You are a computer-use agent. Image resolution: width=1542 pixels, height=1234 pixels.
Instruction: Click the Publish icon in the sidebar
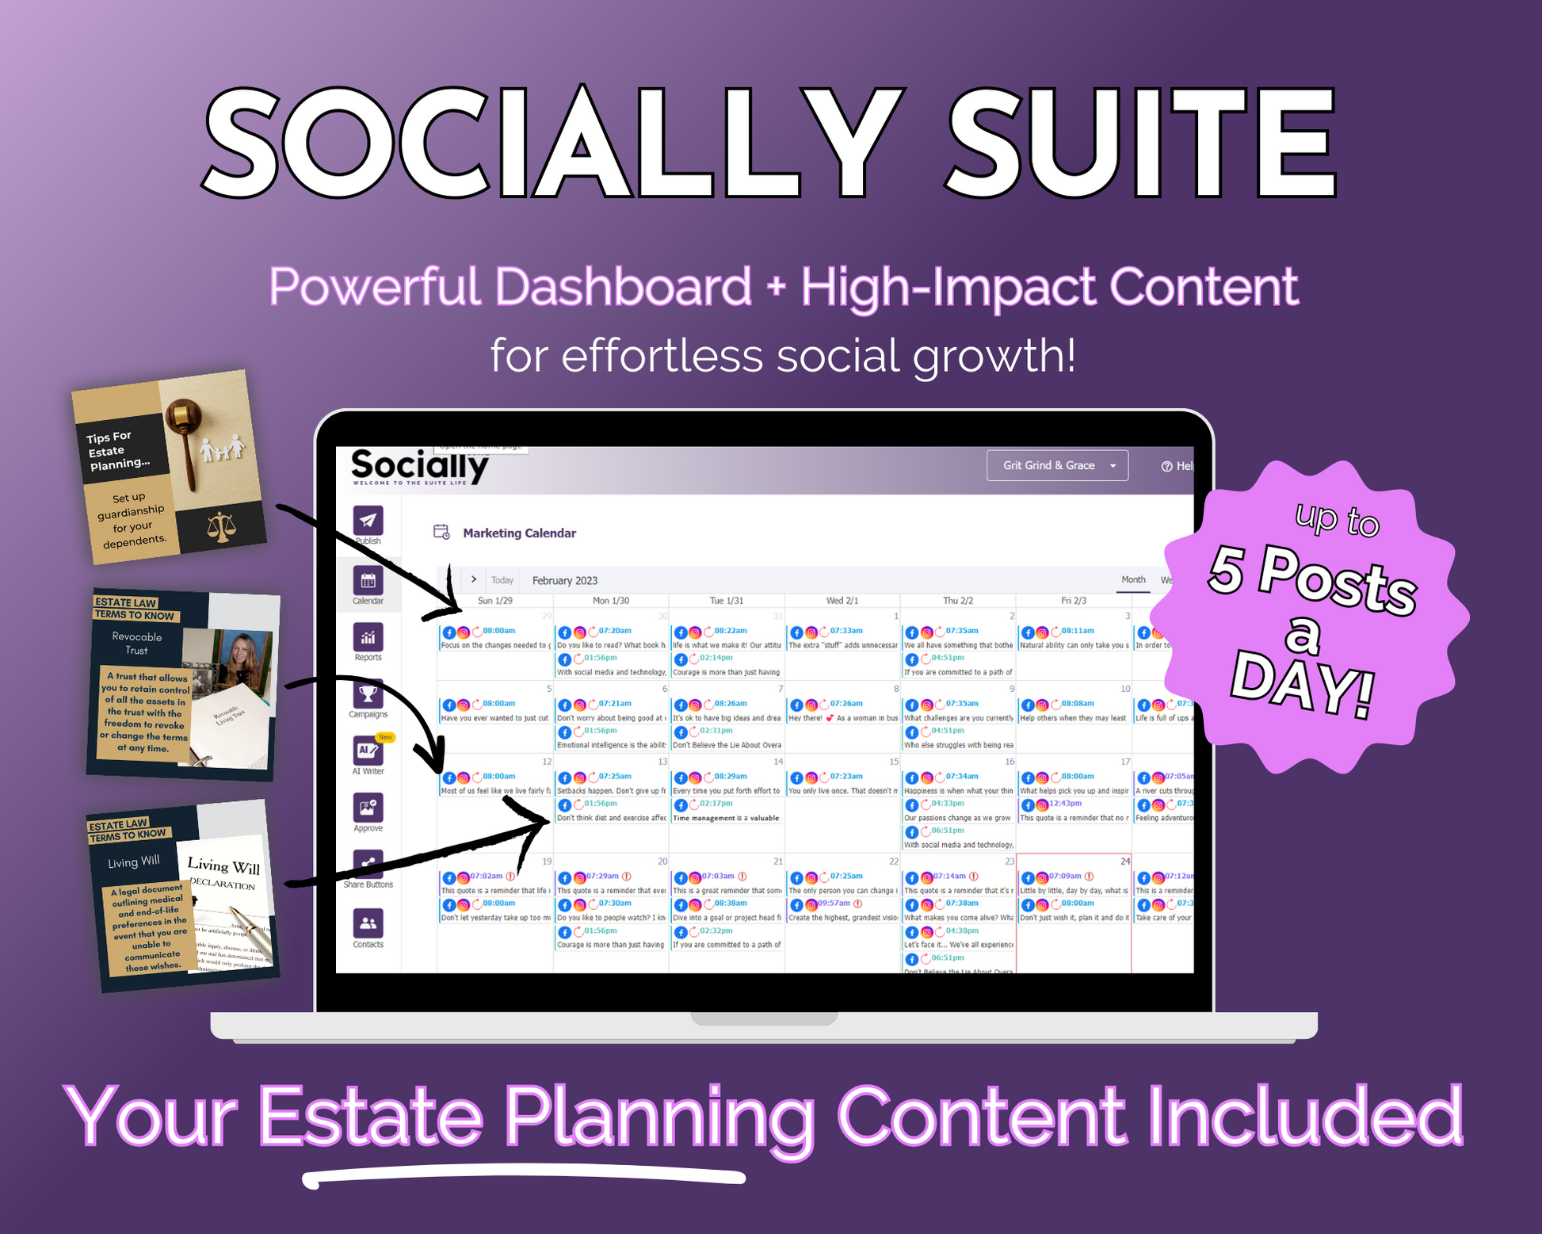[x=368, y=521]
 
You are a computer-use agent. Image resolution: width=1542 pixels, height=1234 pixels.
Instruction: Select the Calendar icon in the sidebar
[x=368, y=581]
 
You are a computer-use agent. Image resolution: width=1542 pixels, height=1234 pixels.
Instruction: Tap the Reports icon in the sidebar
[x=368, y=637]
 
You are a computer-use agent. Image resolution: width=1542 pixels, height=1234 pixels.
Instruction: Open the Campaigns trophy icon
[x=368, y=694]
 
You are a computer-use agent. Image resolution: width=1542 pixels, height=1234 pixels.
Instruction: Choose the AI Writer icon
[x=368, y=751]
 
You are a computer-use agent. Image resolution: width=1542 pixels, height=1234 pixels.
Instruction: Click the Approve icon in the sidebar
[x=368, y=808]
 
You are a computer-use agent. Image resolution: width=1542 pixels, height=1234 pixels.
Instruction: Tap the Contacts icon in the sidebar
[x=368, y=923]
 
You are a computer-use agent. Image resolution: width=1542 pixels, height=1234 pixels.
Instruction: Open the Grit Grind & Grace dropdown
[x=1057, y=465]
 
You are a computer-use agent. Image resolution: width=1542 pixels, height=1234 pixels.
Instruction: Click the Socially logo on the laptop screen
[x=419, y=466]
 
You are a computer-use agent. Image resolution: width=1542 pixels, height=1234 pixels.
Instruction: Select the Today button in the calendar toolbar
[x=502, y=580]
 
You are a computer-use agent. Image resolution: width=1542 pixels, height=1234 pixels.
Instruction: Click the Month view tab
[x=1133, y=579]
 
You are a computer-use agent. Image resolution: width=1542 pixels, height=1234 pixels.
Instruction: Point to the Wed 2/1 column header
[x=842, y=601]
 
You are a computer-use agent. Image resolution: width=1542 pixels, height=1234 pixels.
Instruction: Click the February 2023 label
[x=565, y=580]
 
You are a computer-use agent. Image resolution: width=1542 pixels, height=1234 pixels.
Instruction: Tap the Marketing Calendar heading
[x=519, y=533]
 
